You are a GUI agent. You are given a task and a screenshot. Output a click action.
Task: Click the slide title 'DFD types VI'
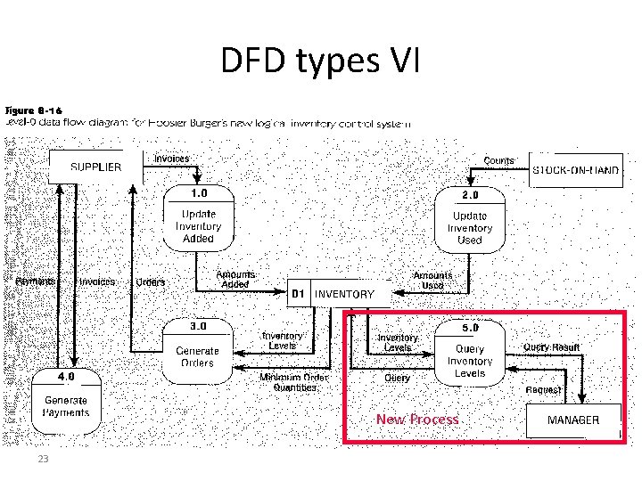320,61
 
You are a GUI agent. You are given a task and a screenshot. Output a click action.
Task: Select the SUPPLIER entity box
96,167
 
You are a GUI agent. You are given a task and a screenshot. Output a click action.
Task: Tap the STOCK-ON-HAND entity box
576,171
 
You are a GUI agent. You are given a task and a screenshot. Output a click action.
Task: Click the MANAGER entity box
573,420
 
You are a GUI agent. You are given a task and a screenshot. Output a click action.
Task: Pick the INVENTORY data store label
345,294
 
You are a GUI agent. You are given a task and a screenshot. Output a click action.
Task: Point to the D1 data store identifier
300,294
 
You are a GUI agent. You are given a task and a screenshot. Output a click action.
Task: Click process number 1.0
198,192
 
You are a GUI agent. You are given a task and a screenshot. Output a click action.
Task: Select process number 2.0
469,194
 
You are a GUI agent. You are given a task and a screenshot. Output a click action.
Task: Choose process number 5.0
469,328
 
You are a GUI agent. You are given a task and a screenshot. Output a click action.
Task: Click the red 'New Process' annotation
417,420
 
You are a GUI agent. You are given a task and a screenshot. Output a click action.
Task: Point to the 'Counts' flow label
498,161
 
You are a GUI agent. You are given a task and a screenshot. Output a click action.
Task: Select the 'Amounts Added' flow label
235,280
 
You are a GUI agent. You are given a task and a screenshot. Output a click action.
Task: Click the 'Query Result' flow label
551,347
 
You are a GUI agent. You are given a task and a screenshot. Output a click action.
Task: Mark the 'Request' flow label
543,389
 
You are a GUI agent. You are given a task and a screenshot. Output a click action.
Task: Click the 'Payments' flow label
35,281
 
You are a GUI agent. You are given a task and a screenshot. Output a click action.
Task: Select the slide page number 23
42,459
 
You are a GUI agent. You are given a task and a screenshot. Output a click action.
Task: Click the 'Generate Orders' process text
197,356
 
